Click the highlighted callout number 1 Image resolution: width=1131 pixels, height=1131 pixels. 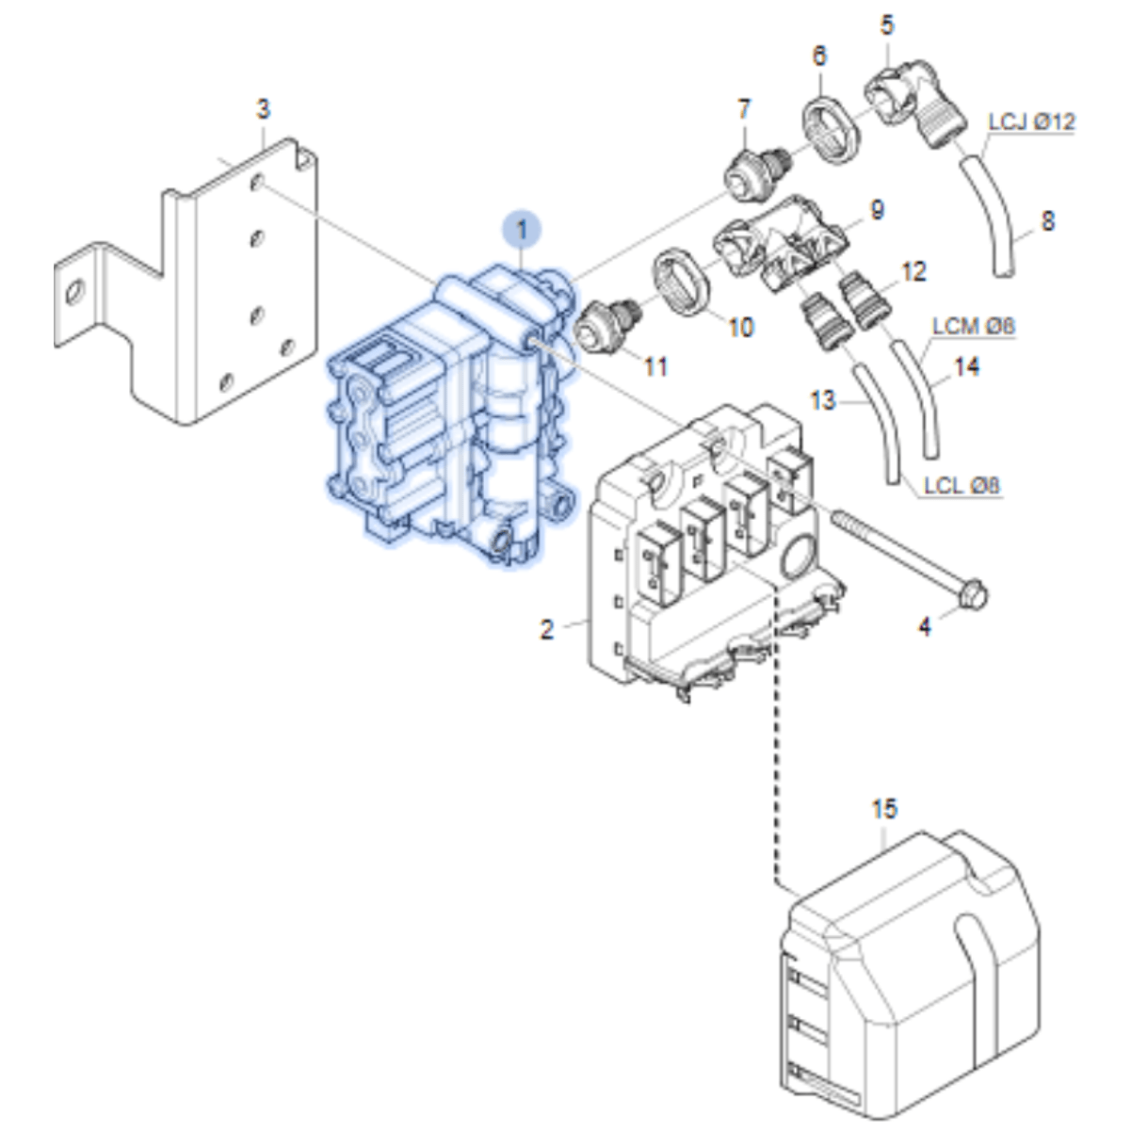tap(521, 230)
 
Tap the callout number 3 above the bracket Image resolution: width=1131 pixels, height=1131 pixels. tap(264, 109)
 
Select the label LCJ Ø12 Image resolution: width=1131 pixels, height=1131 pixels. tap(1032, 122)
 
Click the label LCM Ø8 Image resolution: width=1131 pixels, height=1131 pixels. tap(974, 327)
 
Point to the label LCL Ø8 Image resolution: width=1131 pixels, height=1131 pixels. tap(961, 486)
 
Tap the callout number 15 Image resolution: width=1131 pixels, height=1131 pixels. tap(884, 809)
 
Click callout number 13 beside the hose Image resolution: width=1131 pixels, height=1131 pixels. tap(822, 401)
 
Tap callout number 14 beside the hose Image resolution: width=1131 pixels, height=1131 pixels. tap(966, 367)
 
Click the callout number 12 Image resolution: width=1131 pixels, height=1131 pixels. tap(913, 272)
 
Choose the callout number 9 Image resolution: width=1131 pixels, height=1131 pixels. tap(877, 210)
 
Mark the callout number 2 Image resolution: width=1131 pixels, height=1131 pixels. tap(546, 630)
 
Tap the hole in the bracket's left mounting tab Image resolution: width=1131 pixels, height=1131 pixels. tap(75, 292)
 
